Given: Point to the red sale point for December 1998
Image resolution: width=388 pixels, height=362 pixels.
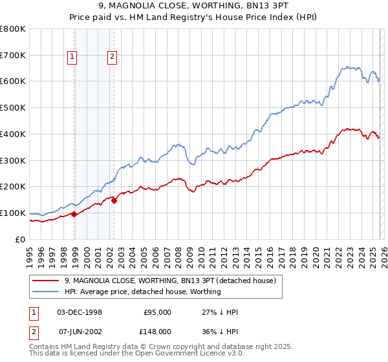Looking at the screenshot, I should (74, 214).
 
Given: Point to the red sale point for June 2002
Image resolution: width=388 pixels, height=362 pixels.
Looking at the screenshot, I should (114, 200).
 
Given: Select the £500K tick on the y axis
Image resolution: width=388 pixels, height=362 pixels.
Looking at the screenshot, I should (13, 108).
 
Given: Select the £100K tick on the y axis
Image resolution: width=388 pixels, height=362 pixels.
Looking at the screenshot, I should (13, 213).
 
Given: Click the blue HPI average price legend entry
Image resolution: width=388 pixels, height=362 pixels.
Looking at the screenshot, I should (142, 292).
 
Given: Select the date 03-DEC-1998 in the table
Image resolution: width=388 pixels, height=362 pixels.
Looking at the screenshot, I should (80, 312).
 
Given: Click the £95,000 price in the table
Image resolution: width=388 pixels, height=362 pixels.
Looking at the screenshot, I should (157, 312).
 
